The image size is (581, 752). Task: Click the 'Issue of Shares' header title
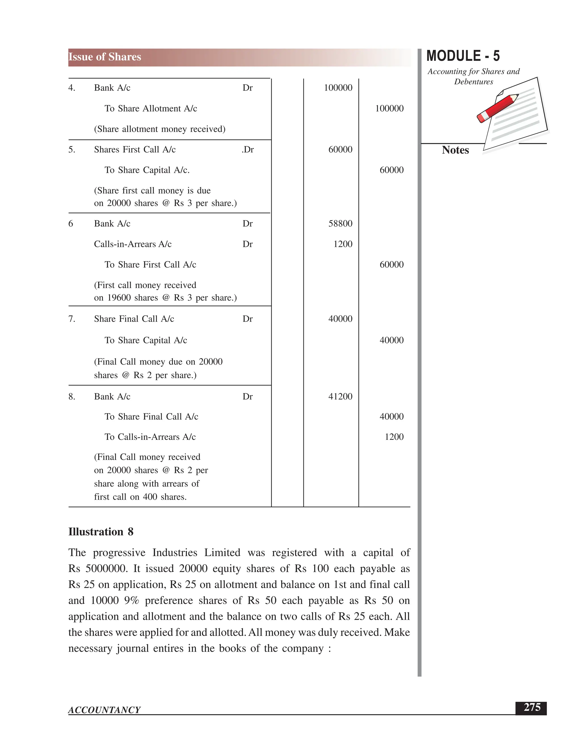pos(105,57)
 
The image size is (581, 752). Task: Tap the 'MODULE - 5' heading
pos(463,56)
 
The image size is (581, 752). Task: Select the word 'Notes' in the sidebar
pos(455,150)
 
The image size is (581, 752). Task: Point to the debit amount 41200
pos(340,396)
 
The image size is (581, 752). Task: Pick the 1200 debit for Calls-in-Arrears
pos(342,244)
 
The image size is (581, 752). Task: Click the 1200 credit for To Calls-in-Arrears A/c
pos(394,437)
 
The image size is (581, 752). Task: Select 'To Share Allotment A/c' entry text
pos(151,108)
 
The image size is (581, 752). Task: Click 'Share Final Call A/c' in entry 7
pos(134,319)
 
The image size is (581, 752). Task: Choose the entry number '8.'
pos(71,396)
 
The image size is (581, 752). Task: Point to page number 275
pos(532,707)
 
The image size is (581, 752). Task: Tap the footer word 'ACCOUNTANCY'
pos(104,710)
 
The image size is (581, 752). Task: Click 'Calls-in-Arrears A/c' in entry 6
pos(132,244)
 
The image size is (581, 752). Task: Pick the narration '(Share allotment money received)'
pos(160,129)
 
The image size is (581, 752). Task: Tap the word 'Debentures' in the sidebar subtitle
pos(473,82)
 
